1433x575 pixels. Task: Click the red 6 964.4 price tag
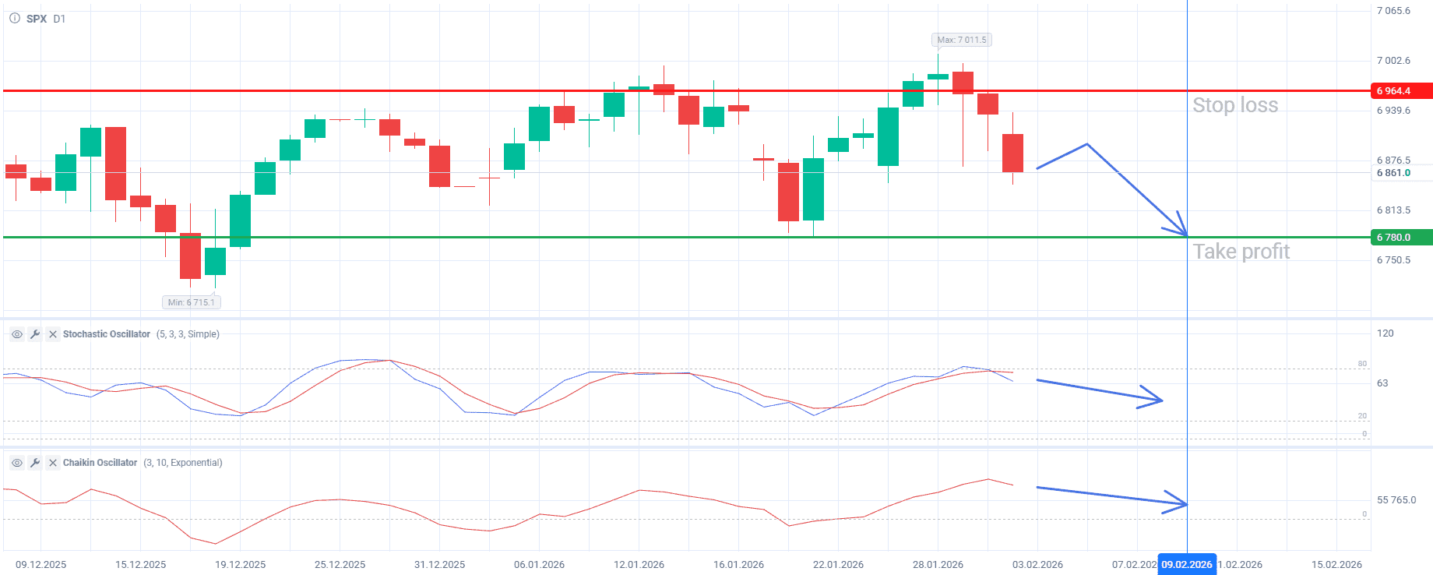click(1400, 91)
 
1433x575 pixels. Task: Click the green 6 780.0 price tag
click(1400, 238)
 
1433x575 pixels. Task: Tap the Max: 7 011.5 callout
click(961, 40)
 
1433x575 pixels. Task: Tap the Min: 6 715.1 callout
click(191, 302)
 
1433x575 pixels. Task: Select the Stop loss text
click(1234, 105)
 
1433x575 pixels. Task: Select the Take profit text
click(1241, 252)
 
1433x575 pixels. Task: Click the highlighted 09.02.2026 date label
click(1186, 564)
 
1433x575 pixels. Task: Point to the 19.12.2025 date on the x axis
click(240, 564)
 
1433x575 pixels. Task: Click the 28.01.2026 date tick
click(938, 564)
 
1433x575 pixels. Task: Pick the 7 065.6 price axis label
click(1393, 11)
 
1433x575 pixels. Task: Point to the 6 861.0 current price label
click(1393, 173)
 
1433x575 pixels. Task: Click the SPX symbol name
click(37, 19)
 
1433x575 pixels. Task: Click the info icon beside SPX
click(15, 18)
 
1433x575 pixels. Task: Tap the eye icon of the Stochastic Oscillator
click(16, 334)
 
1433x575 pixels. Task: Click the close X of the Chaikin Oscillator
click(53, 463)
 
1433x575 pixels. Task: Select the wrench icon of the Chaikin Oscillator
click(35, 463)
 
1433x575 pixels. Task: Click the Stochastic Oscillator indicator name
click(107, 334)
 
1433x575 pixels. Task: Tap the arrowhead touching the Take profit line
click(1181, 228)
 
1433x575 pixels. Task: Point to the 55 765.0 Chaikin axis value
click(1396, 500)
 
